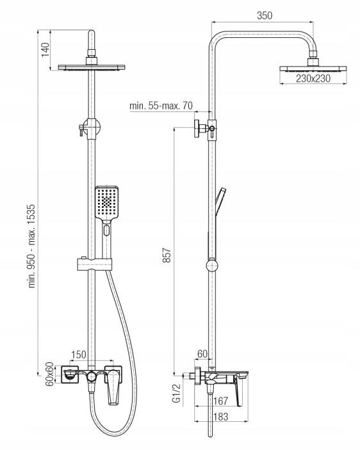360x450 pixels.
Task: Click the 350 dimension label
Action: click(264, 15)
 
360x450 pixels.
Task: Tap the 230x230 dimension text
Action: click(313, 78)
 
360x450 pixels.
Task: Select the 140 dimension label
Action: click(45, 50)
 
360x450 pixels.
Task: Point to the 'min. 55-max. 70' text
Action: click(161, 106)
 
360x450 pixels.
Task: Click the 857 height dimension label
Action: click(167, 255)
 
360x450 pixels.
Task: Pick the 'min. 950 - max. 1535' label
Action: click(31, 246)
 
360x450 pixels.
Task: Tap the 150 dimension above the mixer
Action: click(78, 355)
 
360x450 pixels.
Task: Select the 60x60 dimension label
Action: click(50, 374)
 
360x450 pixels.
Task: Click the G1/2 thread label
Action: click(177, 394)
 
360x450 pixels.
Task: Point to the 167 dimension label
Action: click(220, 401)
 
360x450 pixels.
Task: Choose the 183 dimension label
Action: click(220, 417)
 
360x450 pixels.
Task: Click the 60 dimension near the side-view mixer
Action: click(202, 354)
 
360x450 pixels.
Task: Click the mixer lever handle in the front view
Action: click(114, 386)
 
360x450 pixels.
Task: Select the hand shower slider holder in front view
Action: click(94, 264)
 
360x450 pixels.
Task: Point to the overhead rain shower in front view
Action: click(92, 67)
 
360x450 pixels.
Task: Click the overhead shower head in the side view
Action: click(313, 68)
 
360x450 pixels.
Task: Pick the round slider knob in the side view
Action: click(212, 265)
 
